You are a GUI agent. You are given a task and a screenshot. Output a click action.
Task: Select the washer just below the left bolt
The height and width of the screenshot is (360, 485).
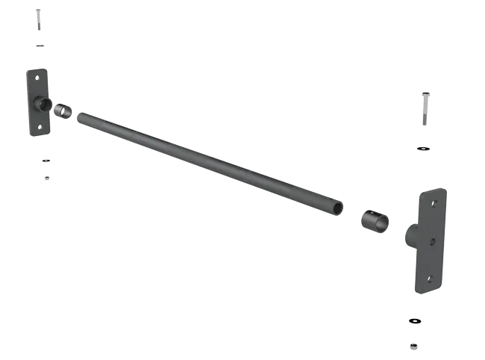40,46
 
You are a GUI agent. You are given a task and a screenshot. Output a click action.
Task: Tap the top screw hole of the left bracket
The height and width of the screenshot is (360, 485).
36,77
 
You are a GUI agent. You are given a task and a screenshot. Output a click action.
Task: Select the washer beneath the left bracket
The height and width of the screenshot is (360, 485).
46,161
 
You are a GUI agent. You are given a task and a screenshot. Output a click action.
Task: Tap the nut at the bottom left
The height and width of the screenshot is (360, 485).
47,178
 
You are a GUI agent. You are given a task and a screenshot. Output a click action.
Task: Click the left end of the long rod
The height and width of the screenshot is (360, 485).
82,117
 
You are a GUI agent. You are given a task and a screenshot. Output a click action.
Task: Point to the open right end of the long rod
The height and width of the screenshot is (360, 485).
338,207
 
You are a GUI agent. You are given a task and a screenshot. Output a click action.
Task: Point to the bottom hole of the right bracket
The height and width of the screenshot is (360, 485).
429,279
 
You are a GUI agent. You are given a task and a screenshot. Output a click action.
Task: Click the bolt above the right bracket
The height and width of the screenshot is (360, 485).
425,109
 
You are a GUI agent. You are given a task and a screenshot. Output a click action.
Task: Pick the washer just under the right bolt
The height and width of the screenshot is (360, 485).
423,149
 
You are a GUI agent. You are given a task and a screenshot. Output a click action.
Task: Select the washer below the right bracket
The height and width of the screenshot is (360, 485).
414,321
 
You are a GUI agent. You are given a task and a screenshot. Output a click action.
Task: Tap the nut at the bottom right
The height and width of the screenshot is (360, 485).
413,346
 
